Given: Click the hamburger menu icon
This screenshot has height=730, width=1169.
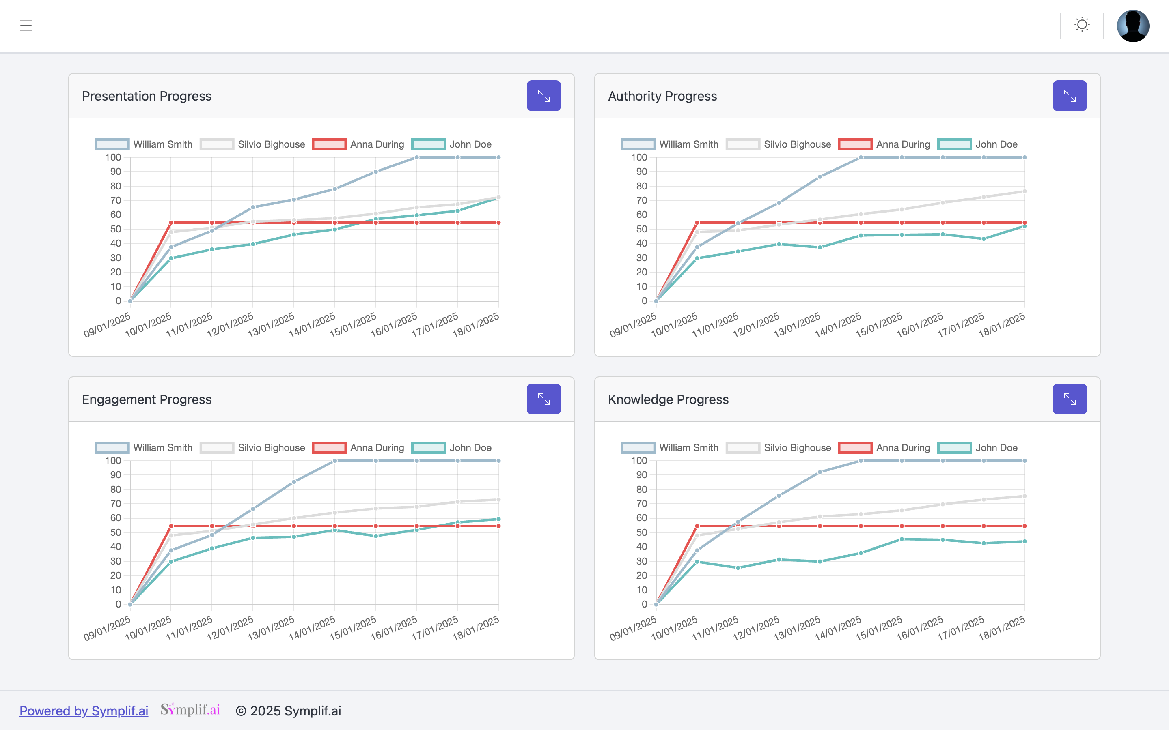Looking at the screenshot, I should pos(26,26).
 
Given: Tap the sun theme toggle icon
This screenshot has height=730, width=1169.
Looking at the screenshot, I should pos(1082,25).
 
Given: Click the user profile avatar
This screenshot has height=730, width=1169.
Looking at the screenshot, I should pos(1133,26).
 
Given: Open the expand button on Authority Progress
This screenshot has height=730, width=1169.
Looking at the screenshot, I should pos(1070,96).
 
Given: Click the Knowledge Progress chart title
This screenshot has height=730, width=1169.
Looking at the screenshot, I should pos(668,399).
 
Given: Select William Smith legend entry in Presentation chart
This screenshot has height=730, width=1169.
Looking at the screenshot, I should pos(144,144).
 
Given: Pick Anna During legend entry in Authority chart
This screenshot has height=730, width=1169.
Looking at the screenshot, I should pos(884,144).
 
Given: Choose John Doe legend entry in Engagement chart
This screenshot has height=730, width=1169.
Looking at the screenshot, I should pos(452,448).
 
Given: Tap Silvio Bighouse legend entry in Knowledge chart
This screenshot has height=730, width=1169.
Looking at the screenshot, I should pos(779,448).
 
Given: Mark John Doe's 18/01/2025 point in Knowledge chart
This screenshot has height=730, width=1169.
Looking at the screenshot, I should pos(1024,541).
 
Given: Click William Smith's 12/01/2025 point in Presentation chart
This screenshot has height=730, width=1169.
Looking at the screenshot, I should pos(252,208).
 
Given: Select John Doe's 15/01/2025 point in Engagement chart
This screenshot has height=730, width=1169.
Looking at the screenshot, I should pos(376,536).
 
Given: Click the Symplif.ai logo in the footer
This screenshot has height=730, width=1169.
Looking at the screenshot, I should pos(190,709).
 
